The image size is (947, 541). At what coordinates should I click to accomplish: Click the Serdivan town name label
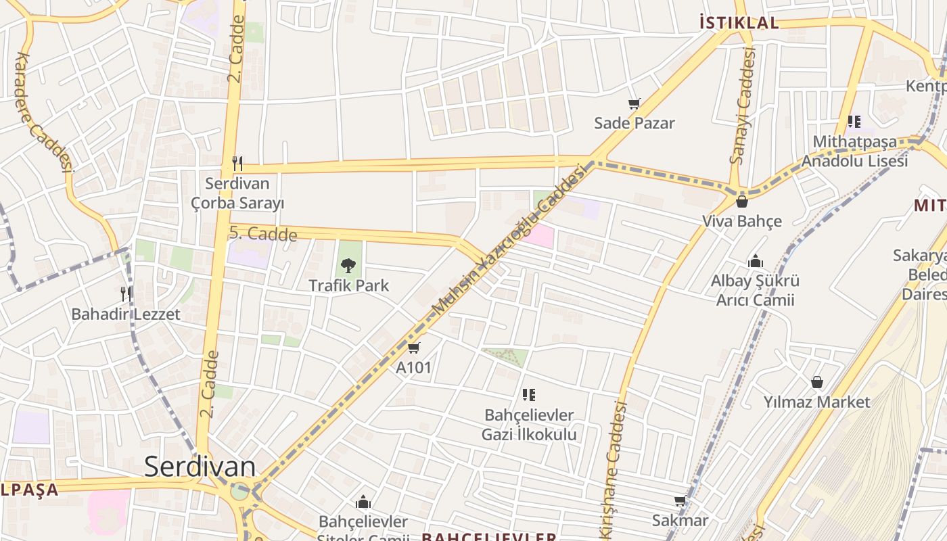point(200,467)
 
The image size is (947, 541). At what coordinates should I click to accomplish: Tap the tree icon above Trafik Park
point(348,265)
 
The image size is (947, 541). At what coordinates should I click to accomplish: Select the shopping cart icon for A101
point(414,348)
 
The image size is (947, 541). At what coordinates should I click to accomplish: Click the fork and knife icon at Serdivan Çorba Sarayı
point(237,163)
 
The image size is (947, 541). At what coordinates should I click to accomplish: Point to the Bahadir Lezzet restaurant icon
point(126,293)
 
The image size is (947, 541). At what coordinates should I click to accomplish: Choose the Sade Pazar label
point(634,123)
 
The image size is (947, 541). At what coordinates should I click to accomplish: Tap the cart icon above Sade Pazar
point(634,103)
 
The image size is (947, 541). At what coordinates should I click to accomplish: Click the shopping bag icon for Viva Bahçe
point(742,201)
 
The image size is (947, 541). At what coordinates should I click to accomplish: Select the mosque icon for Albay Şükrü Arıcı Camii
point(756,261)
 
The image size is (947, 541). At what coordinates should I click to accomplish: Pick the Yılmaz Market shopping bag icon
point(817,382)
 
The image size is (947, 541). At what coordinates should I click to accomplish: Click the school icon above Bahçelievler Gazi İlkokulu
point(529,394)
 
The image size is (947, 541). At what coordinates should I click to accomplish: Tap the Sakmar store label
point(680,520)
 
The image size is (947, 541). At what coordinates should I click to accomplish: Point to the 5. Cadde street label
point(263,234)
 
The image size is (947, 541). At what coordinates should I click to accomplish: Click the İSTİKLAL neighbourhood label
point(739,23)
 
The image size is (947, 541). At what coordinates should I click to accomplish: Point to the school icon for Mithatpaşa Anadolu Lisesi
point(854,122)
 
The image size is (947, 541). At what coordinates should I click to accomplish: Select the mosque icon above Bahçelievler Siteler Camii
point(363,502)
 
